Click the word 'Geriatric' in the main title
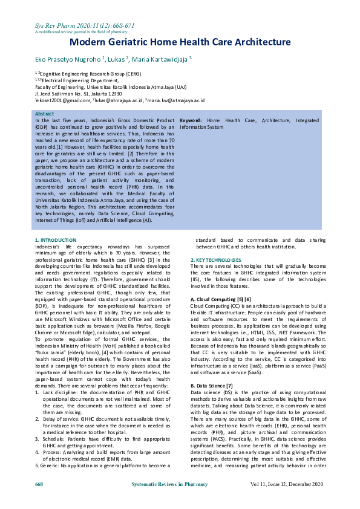143,42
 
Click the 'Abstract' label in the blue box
45,114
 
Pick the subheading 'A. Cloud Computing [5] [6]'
220,299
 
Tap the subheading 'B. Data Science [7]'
211,385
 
